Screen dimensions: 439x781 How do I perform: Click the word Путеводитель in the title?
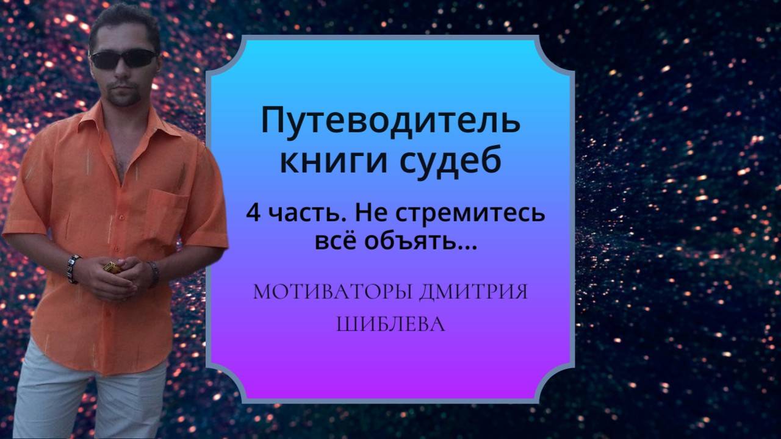[x=390, y=122]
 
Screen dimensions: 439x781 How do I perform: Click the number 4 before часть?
[x=252, y=215]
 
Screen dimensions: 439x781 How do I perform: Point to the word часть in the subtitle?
[x=296, y=215]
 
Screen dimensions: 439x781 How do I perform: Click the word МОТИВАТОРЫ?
[x=333, y=292]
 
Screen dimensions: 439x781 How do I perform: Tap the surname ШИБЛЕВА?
[x=390, y=324]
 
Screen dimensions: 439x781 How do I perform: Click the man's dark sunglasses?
[x=123, y=59]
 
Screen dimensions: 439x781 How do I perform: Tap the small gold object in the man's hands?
[x=112, y=267]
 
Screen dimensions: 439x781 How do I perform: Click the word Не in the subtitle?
[x=364, y=215]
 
